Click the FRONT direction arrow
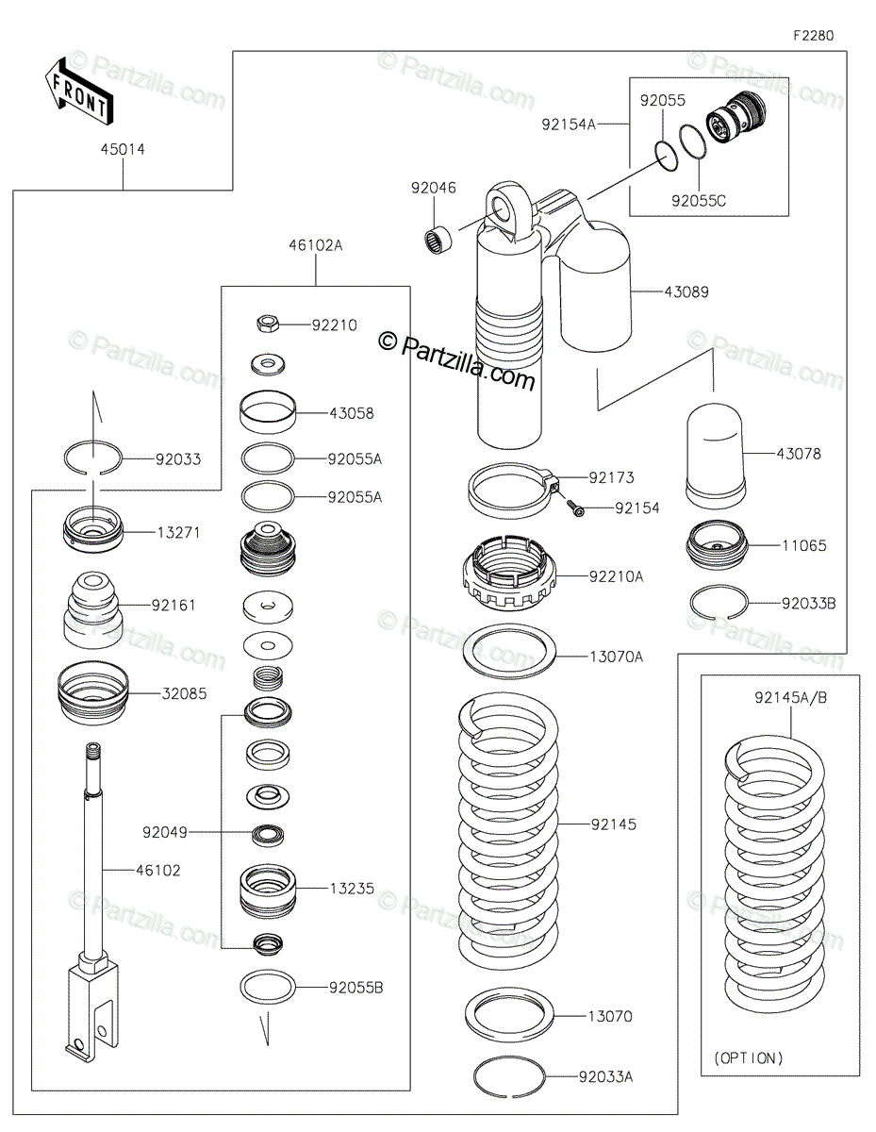[79, 91]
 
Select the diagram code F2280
[813, 36]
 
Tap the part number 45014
[123, 149]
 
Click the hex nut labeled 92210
[268, 324]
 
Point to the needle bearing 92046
[437, 240]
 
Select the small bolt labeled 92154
[574, 508]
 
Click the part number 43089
[686, 291]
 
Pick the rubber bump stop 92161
[92, 610]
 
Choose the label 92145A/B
[790, 697]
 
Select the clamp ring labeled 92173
[513, 487]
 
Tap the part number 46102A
[316, 245]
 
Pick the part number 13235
[352, 889]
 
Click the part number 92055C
[699, 201]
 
